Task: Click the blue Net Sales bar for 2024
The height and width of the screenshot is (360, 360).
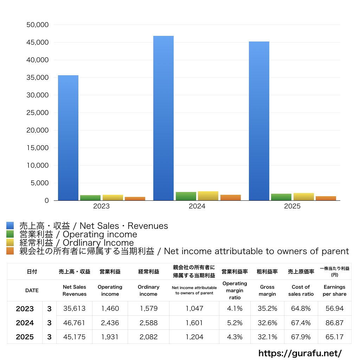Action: tap(163, 118)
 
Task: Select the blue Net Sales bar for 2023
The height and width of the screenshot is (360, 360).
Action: tap(68, 138)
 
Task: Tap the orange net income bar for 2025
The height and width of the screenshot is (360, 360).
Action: tap(326, 198)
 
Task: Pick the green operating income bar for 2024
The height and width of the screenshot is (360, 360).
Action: tap(186, 196)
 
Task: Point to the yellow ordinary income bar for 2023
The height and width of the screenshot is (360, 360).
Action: tap(113, 198)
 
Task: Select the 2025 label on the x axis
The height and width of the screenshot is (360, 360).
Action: tap(292, 206)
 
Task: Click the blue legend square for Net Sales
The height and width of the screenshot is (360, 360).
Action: tap(10, 226)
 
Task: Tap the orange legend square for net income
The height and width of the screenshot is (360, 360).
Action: tap(10, 251)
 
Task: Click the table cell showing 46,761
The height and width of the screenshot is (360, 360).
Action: tap(74, 323)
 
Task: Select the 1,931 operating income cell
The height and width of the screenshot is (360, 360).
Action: tap(110, 337)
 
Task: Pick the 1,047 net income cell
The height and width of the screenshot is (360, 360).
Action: tap(194, 309)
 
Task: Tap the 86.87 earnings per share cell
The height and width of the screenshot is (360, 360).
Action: tap(334, 323)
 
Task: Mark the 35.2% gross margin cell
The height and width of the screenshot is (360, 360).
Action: tap(267, 309)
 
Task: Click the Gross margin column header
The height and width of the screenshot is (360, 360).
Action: tap(267, 290)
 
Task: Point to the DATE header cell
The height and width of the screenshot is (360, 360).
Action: tap(32, 290)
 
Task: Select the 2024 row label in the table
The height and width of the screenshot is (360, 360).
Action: tap(25, 323)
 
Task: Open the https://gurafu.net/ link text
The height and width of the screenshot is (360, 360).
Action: tap(300, 353)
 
